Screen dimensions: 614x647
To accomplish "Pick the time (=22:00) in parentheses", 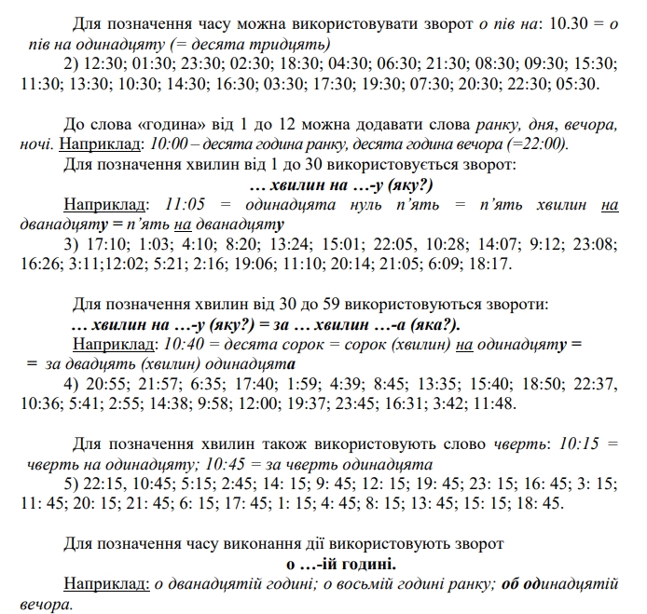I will click(x=541, y=144).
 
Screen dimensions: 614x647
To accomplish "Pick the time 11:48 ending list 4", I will click(x=492, y=403).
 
